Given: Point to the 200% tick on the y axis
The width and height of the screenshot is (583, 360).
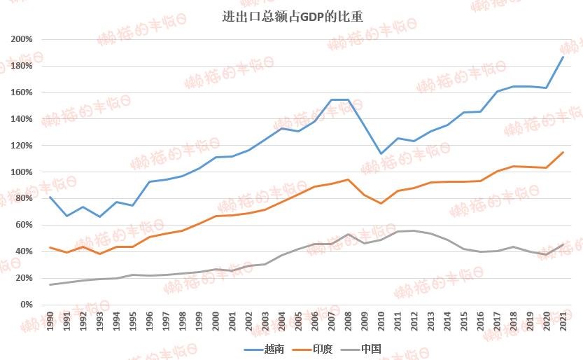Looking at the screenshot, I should [23, 39].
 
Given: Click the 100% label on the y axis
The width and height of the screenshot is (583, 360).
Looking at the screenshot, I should [23, 172].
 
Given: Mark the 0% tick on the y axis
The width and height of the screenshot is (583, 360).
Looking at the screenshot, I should [27, 305].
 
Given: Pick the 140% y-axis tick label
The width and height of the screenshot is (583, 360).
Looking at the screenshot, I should [23, 119].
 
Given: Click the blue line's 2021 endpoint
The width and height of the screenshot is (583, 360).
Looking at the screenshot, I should [563, 57].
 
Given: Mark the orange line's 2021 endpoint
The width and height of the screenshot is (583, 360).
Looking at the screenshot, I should [563, 152].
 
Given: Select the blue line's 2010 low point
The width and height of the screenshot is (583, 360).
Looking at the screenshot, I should [381, 153].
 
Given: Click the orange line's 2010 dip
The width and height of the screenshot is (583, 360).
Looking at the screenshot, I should [381, 203].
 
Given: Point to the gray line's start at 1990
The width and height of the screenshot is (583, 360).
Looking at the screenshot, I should [50, 284].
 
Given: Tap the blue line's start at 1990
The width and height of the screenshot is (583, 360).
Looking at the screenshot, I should [50, 197].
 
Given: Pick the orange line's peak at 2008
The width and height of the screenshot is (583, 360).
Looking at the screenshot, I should [348, 179].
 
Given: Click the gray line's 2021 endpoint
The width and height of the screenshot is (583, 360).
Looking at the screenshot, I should [563, 244].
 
